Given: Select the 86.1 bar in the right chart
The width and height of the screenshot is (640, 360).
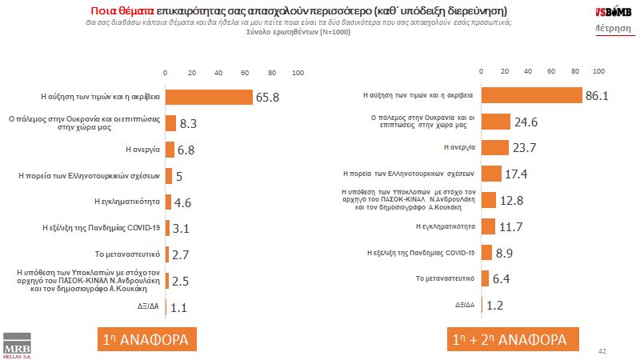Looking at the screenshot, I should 534,94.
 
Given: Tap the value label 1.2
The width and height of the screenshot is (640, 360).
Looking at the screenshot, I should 496,305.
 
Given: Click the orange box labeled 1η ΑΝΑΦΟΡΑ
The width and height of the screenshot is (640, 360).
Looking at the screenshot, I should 146,339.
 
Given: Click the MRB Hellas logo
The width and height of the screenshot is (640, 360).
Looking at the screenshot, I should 18,343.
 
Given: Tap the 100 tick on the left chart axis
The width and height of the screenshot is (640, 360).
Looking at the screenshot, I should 298,73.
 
